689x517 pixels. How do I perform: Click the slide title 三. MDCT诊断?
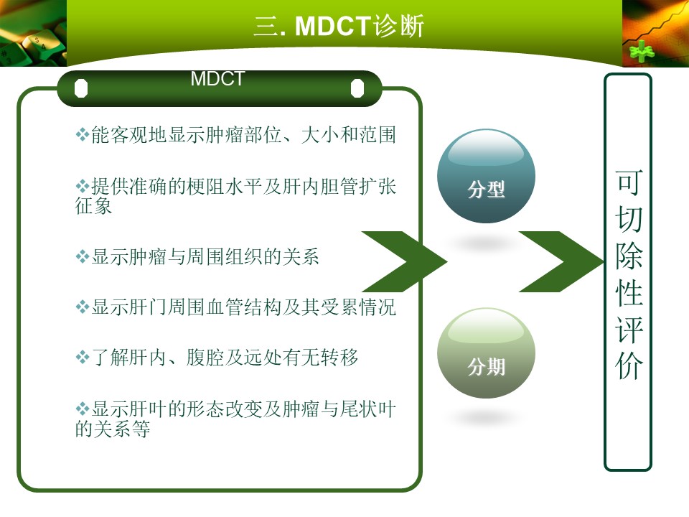(339, 26)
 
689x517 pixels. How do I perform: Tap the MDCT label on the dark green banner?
(217, 79)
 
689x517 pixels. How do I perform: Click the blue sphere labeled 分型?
(486, 176)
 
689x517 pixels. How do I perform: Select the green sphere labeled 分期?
(486, 353)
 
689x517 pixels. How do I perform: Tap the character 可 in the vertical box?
(629, 182)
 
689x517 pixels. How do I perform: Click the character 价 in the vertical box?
(629, 365)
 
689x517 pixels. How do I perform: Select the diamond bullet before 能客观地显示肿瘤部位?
(82, 134)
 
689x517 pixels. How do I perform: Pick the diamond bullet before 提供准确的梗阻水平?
(82, 186)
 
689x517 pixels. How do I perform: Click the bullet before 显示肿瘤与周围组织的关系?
(82, 256)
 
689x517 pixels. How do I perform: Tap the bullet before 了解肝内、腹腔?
(82, 357)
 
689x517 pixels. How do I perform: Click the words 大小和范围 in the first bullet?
(349, 134)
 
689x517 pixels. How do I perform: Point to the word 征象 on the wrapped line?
(93, 206)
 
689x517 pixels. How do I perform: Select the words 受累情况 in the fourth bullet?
(358, 307)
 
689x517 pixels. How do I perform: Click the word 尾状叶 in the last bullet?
(367, 409)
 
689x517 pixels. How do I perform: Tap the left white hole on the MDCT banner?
(81, 88)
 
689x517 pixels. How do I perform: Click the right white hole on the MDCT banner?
(357, 88)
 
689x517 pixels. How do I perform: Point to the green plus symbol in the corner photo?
(642, 51)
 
